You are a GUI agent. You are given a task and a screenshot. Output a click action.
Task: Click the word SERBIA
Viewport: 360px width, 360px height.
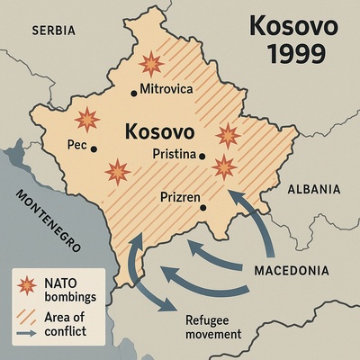(x=53, y=31)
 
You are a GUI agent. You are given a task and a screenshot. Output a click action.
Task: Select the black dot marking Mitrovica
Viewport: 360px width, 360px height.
(x=134, y=90)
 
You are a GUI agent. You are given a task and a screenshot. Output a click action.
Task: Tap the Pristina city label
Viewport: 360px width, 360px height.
(x=175, y=154)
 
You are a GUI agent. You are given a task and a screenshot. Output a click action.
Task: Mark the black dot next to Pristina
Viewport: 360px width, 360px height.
(x=202, y=155)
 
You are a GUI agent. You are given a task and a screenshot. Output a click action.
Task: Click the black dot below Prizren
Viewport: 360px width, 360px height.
(x=203, y=208)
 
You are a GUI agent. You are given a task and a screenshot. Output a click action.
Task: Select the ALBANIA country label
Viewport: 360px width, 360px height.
(x=314, y=189)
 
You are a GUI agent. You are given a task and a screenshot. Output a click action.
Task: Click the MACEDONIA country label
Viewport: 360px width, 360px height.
(x=292, y=271)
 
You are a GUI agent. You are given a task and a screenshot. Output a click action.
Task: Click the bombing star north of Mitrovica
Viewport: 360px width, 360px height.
(x=151, y=64)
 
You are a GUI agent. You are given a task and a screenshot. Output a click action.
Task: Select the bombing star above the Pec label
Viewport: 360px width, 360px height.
(x=86, y=119)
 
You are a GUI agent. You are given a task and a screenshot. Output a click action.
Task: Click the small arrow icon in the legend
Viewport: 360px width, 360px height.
(x=26, y=334)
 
